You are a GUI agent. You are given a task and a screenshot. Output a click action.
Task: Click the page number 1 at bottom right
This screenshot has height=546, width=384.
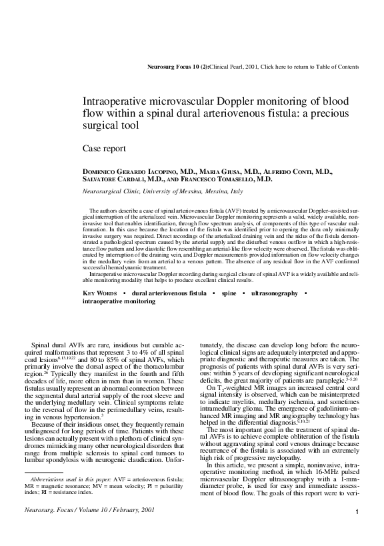[x=358, y=531]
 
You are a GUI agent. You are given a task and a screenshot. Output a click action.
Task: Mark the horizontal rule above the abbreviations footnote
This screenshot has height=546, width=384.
[x=47, y=491]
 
